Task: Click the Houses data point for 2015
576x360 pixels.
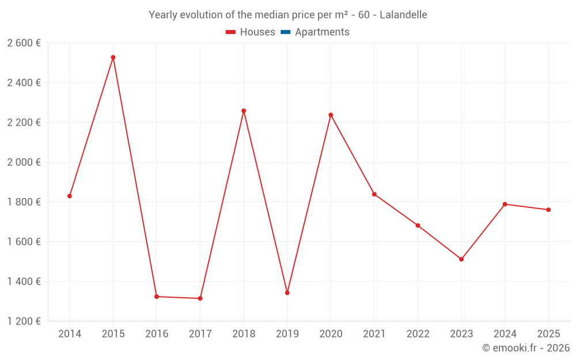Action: click(x=113, y=58)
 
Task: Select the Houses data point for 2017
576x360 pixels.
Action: click(x=200, y=298)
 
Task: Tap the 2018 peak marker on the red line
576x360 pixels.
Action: click(x=244, y=111)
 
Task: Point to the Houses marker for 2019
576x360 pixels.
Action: click(x=287, y=293)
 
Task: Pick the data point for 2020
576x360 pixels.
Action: click(x=331, y=115)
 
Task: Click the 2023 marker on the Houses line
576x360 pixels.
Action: click(x=461, y=259)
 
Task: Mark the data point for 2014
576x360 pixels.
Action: click(x=70, y=196)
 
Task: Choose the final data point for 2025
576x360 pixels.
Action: click(x=548, y=210)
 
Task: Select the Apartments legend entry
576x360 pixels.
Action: click(x=322, y=32)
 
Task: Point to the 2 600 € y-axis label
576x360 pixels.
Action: click(x=24, y=43)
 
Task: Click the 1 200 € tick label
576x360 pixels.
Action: click(x=24, y=321)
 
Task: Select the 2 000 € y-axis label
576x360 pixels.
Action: click(x=24, y=162)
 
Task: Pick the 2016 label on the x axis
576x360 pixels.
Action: click(x=157, y=334)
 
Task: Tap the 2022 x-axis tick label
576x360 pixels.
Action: click(x=418, y=334)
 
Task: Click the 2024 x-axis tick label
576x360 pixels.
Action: click(x=505, y=334)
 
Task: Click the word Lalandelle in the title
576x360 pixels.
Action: click(x=403, y=15)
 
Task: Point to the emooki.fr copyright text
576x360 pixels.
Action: click(x=526, y=348)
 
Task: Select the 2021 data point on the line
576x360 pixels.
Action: click(x=374, y=194)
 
